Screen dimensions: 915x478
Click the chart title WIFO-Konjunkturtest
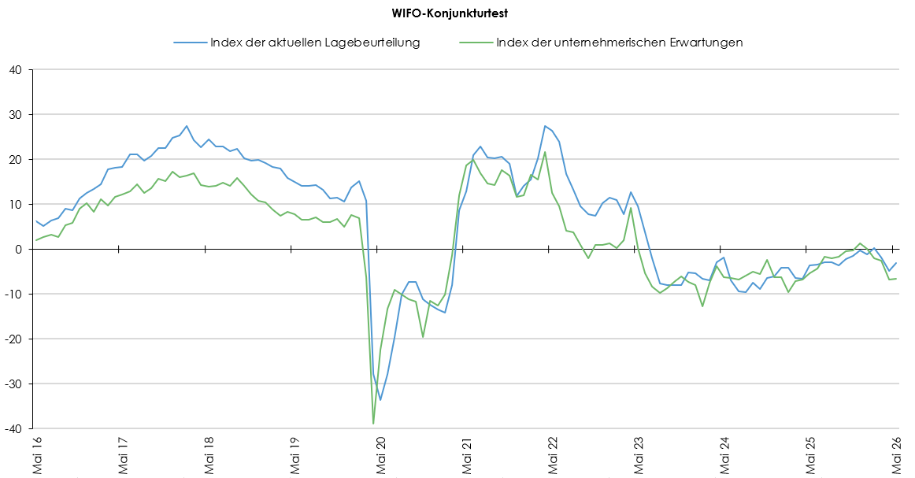[x=450, y=13]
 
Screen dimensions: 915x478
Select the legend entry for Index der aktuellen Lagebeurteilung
[x=296, y=43]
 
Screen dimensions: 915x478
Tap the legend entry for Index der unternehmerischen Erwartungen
[x=601, y=43]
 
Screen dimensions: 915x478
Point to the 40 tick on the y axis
[x=15, y=70]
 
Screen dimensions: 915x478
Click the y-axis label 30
[x=15, y=115]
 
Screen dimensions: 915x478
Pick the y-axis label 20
[x=15, y=160]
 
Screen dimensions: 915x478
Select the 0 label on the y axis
[x=18, y=249]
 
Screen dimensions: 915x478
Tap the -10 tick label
[x=13, y=295]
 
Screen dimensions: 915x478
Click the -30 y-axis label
[x=13, y=384]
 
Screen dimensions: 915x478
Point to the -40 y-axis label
[x=13, y=429]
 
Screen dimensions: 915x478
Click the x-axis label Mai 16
[x=37, y=454]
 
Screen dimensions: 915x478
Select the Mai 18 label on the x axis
[x=209, y=454]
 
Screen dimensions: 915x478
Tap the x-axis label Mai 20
[x=381, y=454]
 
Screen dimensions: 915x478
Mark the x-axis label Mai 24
[x=724, y=454]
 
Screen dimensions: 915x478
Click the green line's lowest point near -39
[x=373, y=424]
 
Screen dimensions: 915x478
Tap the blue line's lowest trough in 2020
[x=380, y=400]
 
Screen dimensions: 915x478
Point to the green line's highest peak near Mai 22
[x=545, y=152]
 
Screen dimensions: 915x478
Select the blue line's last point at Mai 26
[x=897, y=263]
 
